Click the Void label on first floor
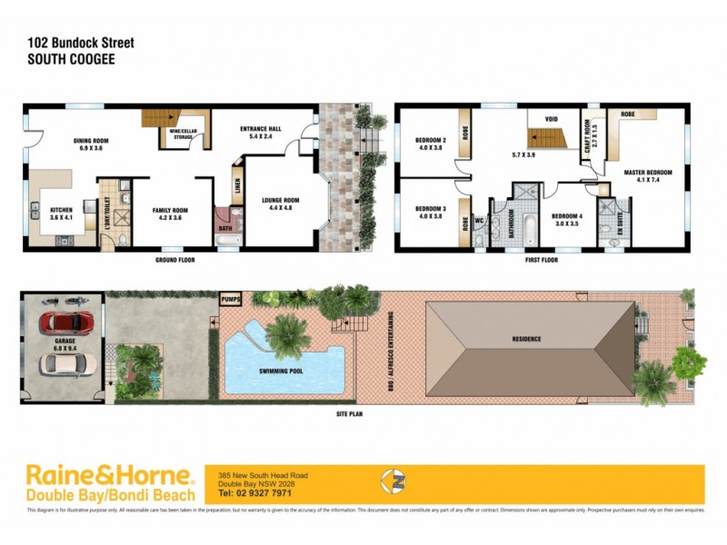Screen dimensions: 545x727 coord(551,119)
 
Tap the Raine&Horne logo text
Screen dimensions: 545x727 coord(110,474)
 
